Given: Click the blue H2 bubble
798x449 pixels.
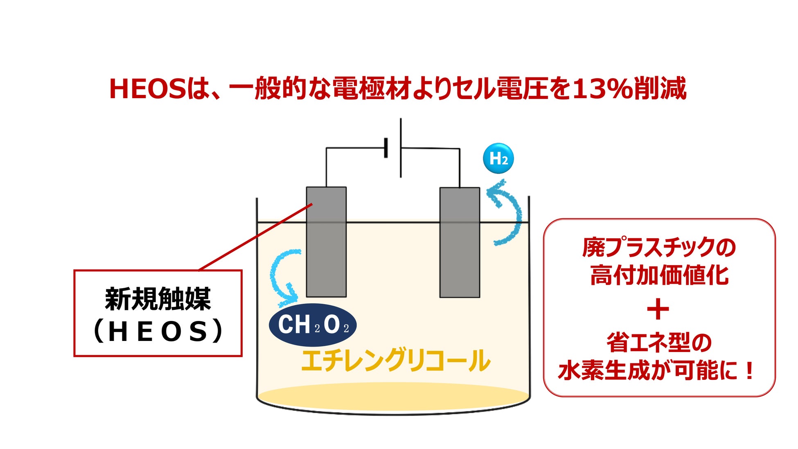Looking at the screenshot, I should coord(498,158).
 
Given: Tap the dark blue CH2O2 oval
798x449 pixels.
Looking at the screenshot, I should coord(313,325).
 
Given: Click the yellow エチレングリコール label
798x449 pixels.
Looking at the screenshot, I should coord(395,360).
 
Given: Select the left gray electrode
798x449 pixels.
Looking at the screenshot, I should coord(326,254).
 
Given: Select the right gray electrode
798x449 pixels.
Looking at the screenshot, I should coord(460,254).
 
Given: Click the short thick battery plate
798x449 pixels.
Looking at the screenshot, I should coord(386,148).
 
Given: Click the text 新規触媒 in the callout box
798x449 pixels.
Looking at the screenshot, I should coord(158,299).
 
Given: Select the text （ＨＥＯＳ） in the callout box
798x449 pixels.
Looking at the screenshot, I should coord(158,331).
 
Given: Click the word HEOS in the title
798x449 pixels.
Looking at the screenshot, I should coord(148,89).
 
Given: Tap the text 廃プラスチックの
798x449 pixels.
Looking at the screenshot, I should coord(659,247).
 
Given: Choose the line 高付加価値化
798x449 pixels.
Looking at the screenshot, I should coord(659,275).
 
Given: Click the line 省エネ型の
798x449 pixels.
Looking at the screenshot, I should coord(659,343).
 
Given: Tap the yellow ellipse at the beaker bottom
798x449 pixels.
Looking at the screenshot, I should coord(393,396).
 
